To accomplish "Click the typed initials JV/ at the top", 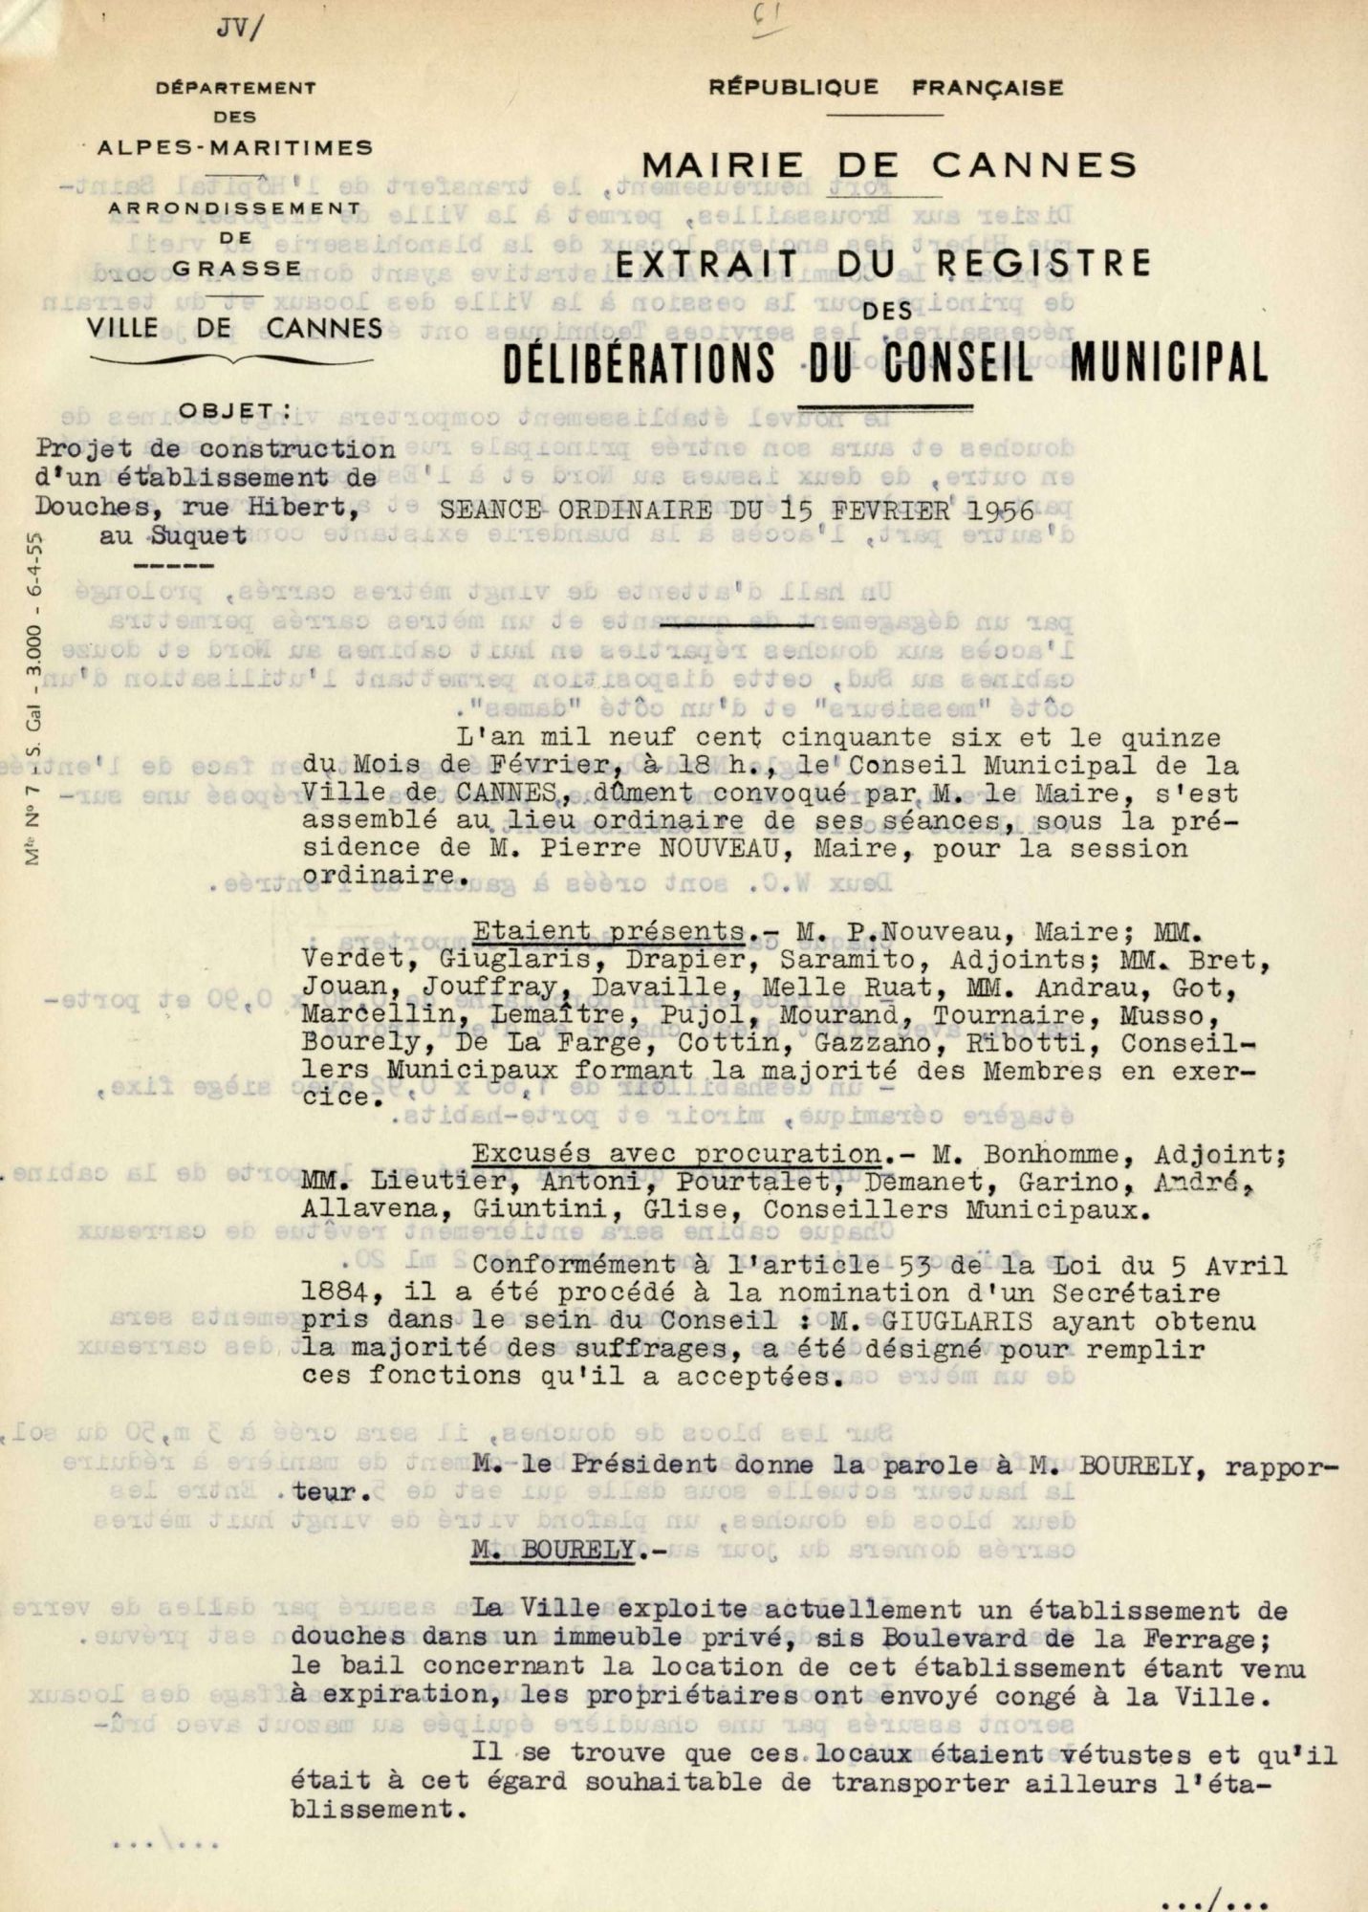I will [238, 28].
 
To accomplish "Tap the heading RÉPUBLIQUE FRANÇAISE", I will [885, 88].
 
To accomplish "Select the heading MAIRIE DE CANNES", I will [889, 165].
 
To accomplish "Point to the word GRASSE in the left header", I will [237, 269].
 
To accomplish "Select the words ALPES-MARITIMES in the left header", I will [235, 148].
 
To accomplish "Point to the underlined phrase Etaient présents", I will [609, 931].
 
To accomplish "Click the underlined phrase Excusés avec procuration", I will [677, 1154].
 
